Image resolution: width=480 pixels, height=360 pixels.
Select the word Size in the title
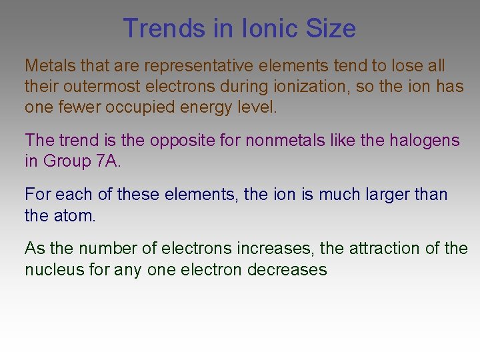pos(331,29)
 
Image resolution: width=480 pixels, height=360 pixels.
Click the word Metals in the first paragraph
pos(50,66)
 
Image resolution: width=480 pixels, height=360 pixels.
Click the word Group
pos(65,161)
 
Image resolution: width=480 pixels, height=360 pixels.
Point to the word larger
pos(386,195)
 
